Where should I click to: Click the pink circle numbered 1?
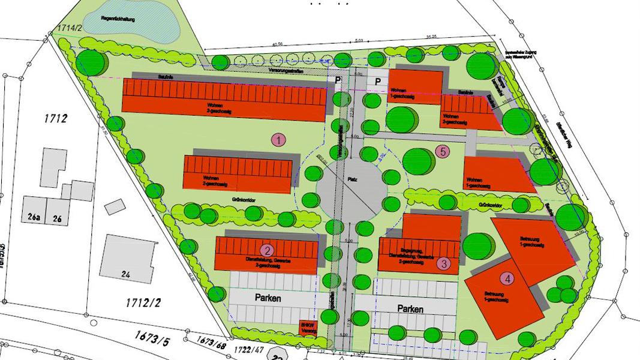click(x=278, y=140)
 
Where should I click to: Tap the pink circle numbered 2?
click(x=268, y=250)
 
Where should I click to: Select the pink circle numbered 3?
click(x=444, y=263)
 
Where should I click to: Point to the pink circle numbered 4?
click(x=508, y=278)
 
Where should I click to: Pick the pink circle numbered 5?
click(x=443, y=151)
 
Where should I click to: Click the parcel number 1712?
click(x=55, y=118)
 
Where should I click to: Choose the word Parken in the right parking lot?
click(x=410, y=310)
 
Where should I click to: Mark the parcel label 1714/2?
click(x=70, y=28)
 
